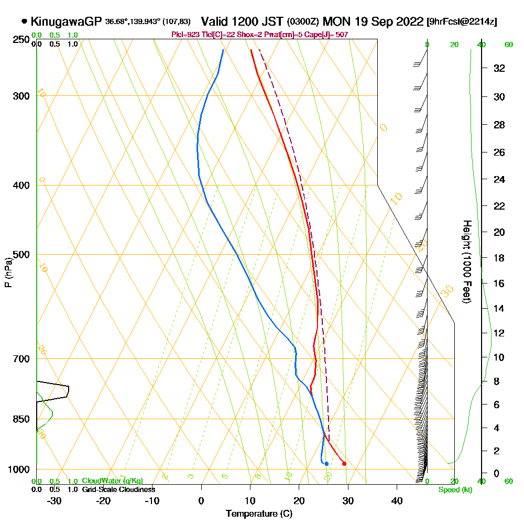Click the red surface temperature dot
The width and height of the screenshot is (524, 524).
point(344,463)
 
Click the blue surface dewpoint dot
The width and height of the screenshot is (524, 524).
point(326,463)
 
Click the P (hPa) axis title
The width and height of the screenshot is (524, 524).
point(8,272)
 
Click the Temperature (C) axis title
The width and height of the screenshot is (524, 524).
point(259,514)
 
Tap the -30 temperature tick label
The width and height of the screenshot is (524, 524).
point(54,501)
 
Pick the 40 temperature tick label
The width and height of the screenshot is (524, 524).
point(397,501)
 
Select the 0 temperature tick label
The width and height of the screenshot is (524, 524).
point(201,501)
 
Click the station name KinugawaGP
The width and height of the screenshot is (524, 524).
point(65,21)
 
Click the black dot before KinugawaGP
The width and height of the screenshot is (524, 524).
point(24,21)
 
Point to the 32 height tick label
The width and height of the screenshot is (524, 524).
point(499,68)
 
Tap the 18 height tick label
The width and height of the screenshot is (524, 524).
point(499,258)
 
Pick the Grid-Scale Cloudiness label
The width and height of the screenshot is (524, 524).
point(118,489)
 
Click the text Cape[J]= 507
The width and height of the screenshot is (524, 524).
point(329,35)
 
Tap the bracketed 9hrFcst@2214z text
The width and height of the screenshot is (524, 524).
point(462,21)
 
